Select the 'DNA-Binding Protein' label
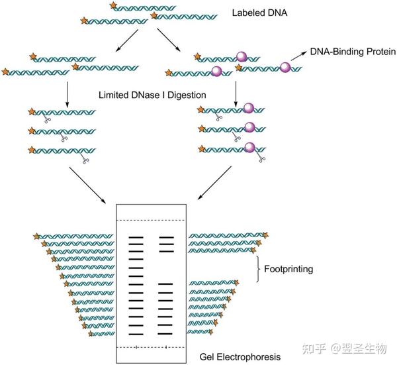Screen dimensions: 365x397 pyautogui.click(x=349, y=52)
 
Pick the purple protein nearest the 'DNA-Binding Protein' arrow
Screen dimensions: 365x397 pyautogui.click(x=285, y=67)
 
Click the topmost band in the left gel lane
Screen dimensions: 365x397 pyautogui.click(x=136, y=236)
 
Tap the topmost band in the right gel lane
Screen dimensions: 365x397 pyautogui.click(x=165, y=236)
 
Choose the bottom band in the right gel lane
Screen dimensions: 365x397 pyautogui.click(x=165, y=333)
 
